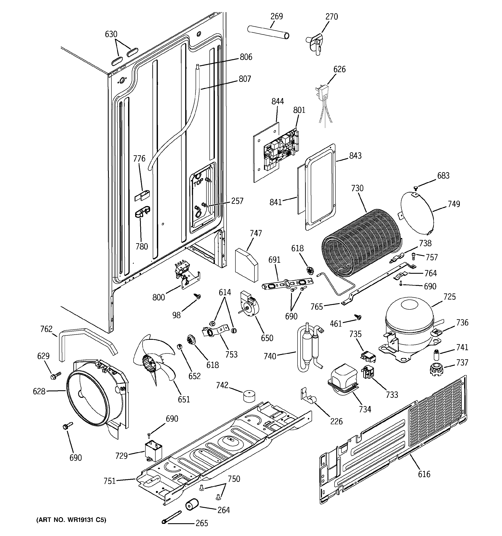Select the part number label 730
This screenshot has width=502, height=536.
(x=357, y=188)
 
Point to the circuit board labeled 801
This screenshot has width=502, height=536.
(x=282, y=151)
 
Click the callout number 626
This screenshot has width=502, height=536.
(x=339, y=69)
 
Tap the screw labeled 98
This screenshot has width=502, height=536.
(x=199, y=296)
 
